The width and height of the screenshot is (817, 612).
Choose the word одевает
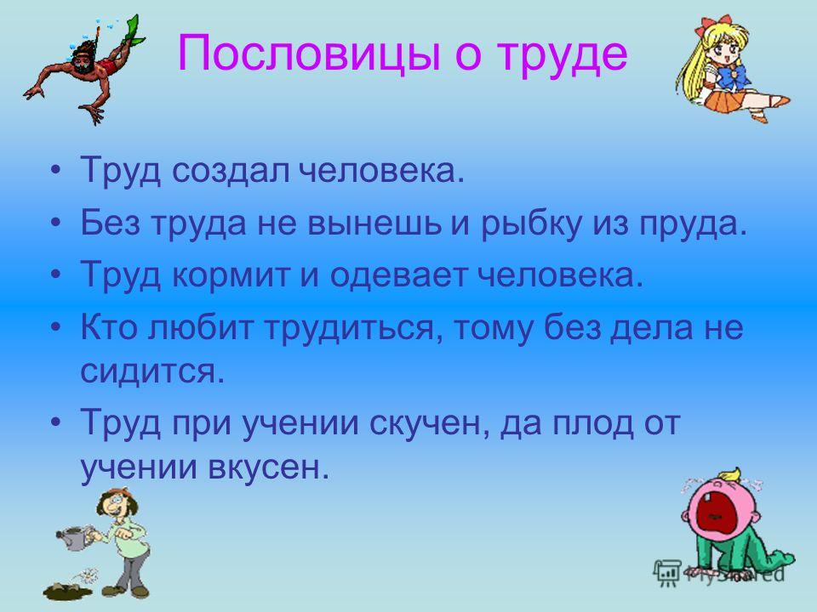tap(398, 275)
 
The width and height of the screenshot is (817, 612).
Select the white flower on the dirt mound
tap(89, 575)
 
